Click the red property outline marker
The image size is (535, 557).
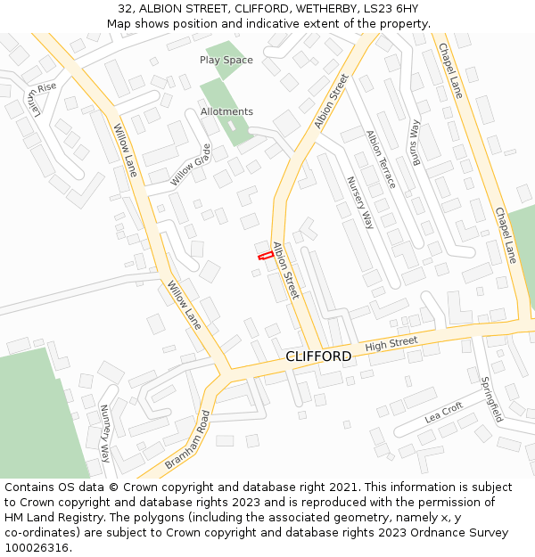pos(265,256)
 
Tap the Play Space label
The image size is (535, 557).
pos(226,60)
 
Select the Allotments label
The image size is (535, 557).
pos(226,111)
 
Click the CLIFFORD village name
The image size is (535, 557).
pos(318,356)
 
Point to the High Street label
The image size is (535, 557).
pos(391,342)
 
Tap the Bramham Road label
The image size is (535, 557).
pos(187,440)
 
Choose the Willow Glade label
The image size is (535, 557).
pos(192,165)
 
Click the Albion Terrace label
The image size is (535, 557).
pos(381,160)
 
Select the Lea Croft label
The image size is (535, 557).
pos(444,412)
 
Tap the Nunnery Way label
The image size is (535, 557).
pos(104,433)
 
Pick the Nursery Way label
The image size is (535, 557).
pos(359,202)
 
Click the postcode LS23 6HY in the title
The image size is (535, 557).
pos(391,8)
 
